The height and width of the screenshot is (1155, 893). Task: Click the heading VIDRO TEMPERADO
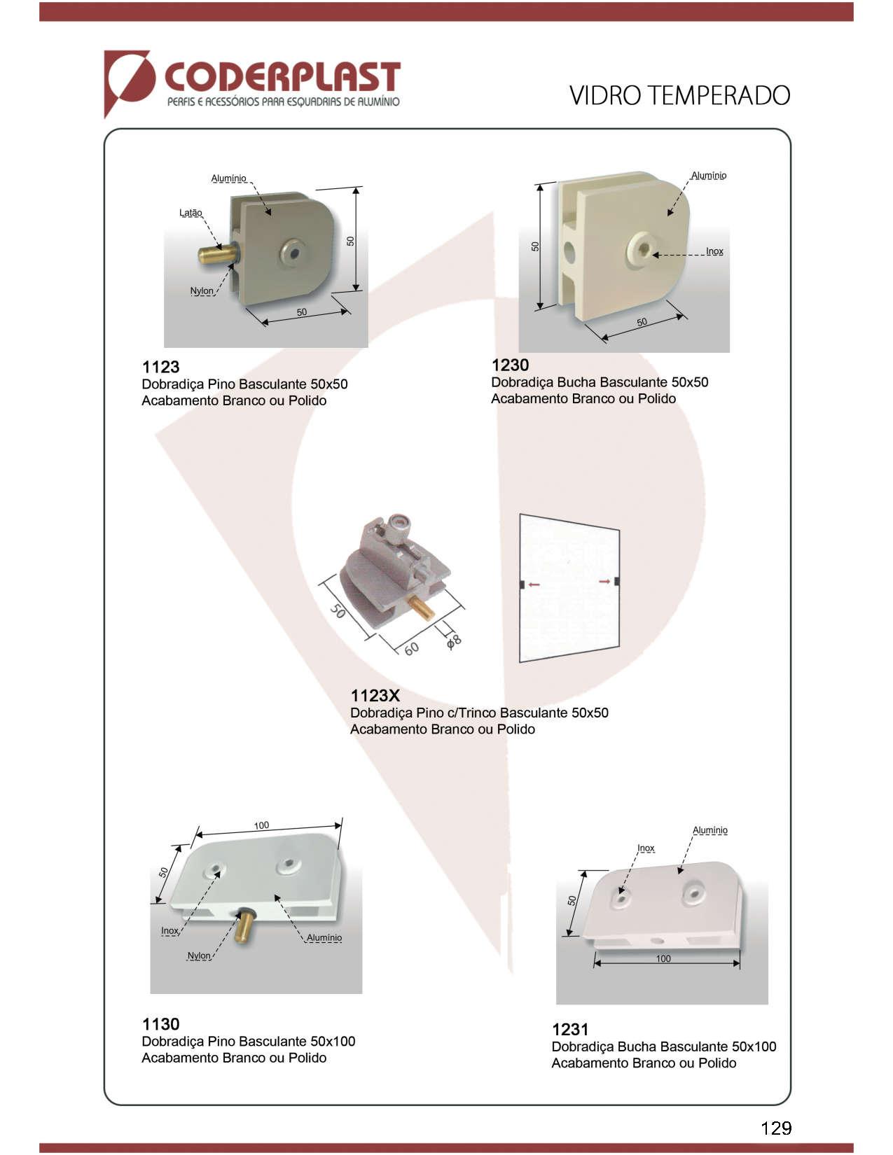pyautogui.click(x=679, y=96)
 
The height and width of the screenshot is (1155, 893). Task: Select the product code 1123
pyautogui.click(x=160, y=367)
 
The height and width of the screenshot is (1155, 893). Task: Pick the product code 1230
pyautogui.click(x=510, y=365)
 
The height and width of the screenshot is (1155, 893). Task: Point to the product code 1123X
pyautogui.click(x=375, y=695)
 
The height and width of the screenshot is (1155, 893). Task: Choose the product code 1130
pyautogui.click(x=160, y=1023)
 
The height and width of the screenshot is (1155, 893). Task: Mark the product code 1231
pyautogui.click(x=570, y=1030)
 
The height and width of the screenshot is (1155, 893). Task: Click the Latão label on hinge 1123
pyautogui.click(x=191, y=213)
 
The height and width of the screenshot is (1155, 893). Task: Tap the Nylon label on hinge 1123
pyautogui.click(x=202, y=290)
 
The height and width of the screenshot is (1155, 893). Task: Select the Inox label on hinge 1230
pyautogui.click(x=714, y=251)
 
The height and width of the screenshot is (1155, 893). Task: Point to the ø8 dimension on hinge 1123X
pyautogui.click(x=454, y=642)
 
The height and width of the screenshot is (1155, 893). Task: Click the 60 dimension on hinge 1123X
pyautogui.click(x=411, y=648)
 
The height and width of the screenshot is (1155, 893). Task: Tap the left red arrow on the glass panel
pyautogui.click(x=534, y=584)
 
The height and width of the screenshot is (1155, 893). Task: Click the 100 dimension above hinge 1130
pyautogui.click(x=261, y=825)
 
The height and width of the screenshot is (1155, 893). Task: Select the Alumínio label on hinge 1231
pyautogui.click(x=710, y=830)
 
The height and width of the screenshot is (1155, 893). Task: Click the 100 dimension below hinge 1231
pyautogui.click(x=663, y=958)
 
